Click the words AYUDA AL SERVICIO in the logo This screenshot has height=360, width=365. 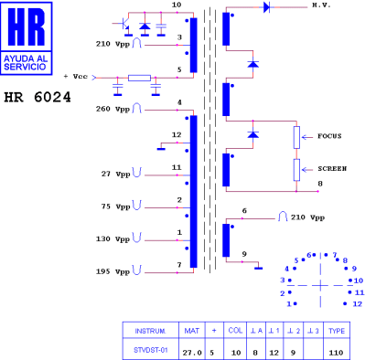[x=27, y=63]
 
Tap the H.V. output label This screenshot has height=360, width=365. [x=320, y=5]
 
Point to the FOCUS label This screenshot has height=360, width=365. [x=329, y=136]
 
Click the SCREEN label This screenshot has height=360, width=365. [x=331, y=169]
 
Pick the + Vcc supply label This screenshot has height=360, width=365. [x=76, y=77]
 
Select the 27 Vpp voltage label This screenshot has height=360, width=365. [x=115, y=173]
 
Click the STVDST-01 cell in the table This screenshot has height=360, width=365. [x=149, y=349]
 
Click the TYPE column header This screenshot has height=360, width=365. [x=336, y=330]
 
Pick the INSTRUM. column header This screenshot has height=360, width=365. [x=149, y=330]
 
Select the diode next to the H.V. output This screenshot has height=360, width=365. [x=266, y=6]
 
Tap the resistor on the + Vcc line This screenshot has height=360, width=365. [x=138, y=78]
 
